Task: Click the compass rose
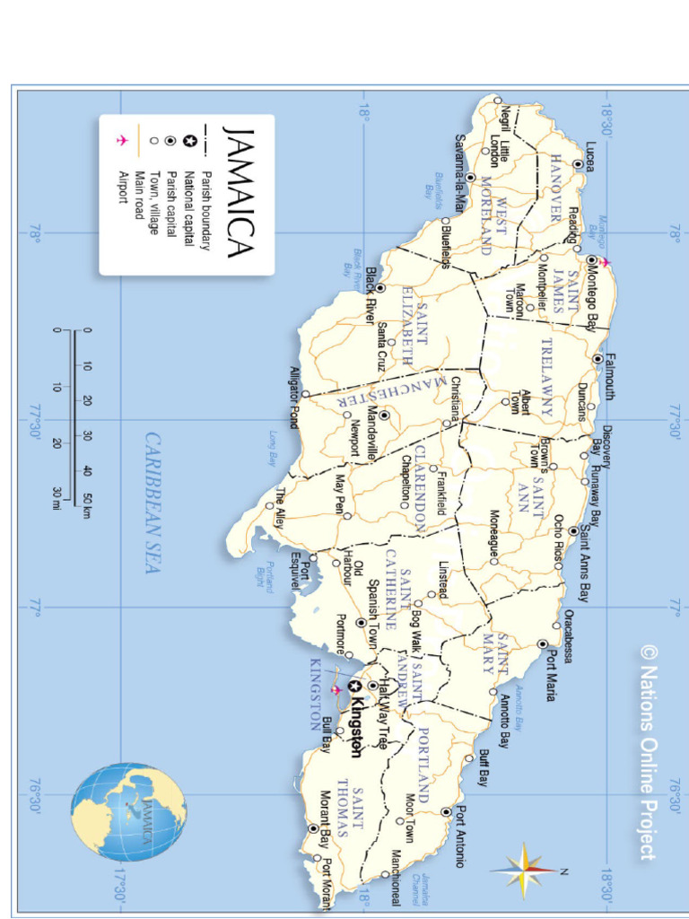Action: [524, 870]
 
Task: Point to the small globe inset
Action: [129, 811]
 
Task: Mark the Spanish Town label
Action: [373, 601]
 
